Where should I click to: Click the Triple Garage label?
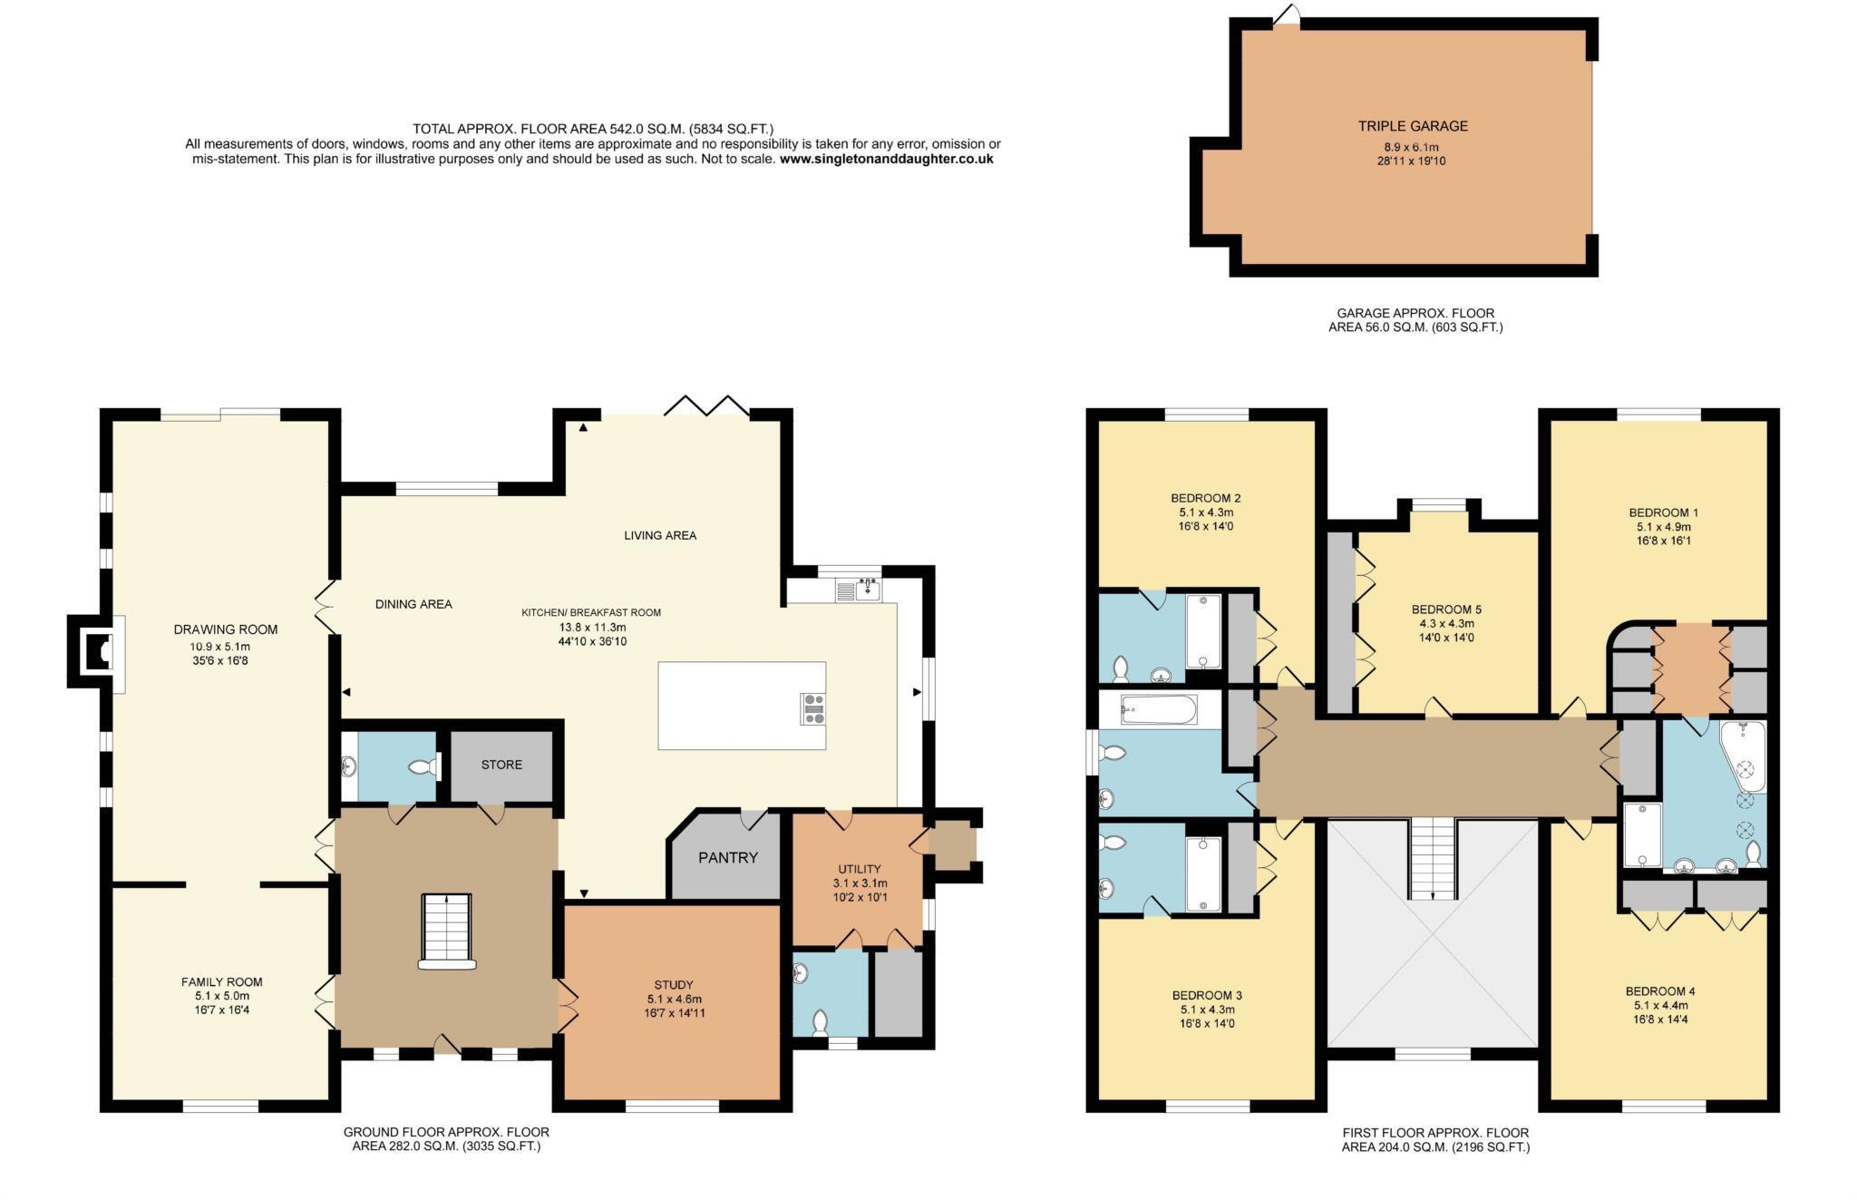(x=1412, y=126)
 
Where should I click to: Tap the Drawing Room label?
(x=226, y=629)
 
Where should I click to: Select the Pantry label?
(x=727, y=857)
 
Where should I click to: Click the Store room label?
(x=501, y=765)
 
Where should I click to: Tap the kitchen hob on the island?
(x=813, y=708)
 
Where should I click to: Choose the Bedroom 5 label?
(x=1446, y=610)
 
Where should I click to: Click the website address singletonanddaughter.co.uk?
(x=886, y=159)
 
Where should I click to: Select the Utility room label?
(x=860, y=869)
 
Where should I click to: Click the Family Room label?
(x=221, y=981)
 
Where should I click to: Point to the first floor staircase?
(x=1433, y=857)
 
